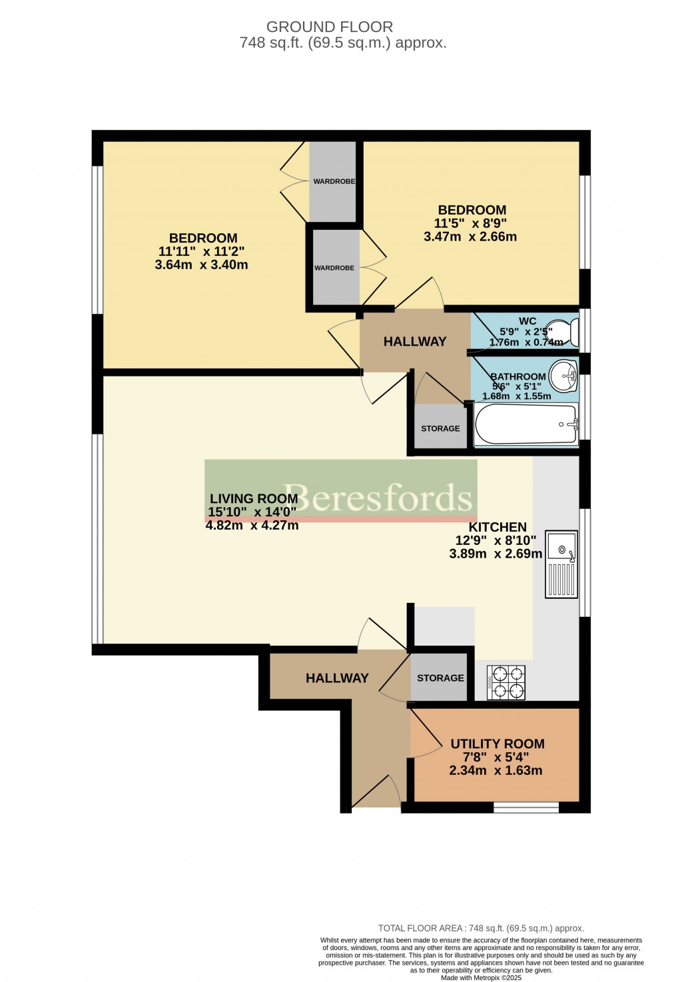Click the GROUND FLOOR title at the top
coord(330,27)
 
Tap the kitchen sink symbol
coord(561,564)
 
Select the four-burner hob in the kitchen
coord(507,683)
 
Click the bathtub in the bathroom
coord(525,424)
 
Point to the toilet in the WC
coord(569,331)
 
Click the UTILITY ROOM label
coord(497,743)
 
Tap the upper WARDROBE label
coord(334,181)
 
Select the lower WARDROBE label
coord(334,268)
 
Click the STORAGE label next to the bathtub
coord(440,428)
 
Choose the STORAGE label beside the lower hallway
coord(440,678)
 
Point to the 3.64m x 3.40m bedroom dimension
coord(201,264)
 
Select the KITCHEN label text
coord(497,527)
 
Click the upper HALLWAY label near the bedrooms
coord(414,341)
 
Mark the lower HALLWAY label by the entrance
coord(337,678)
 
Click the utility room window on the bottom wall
coord(525,807)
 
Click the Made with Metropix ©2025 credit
coord(481,977)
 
